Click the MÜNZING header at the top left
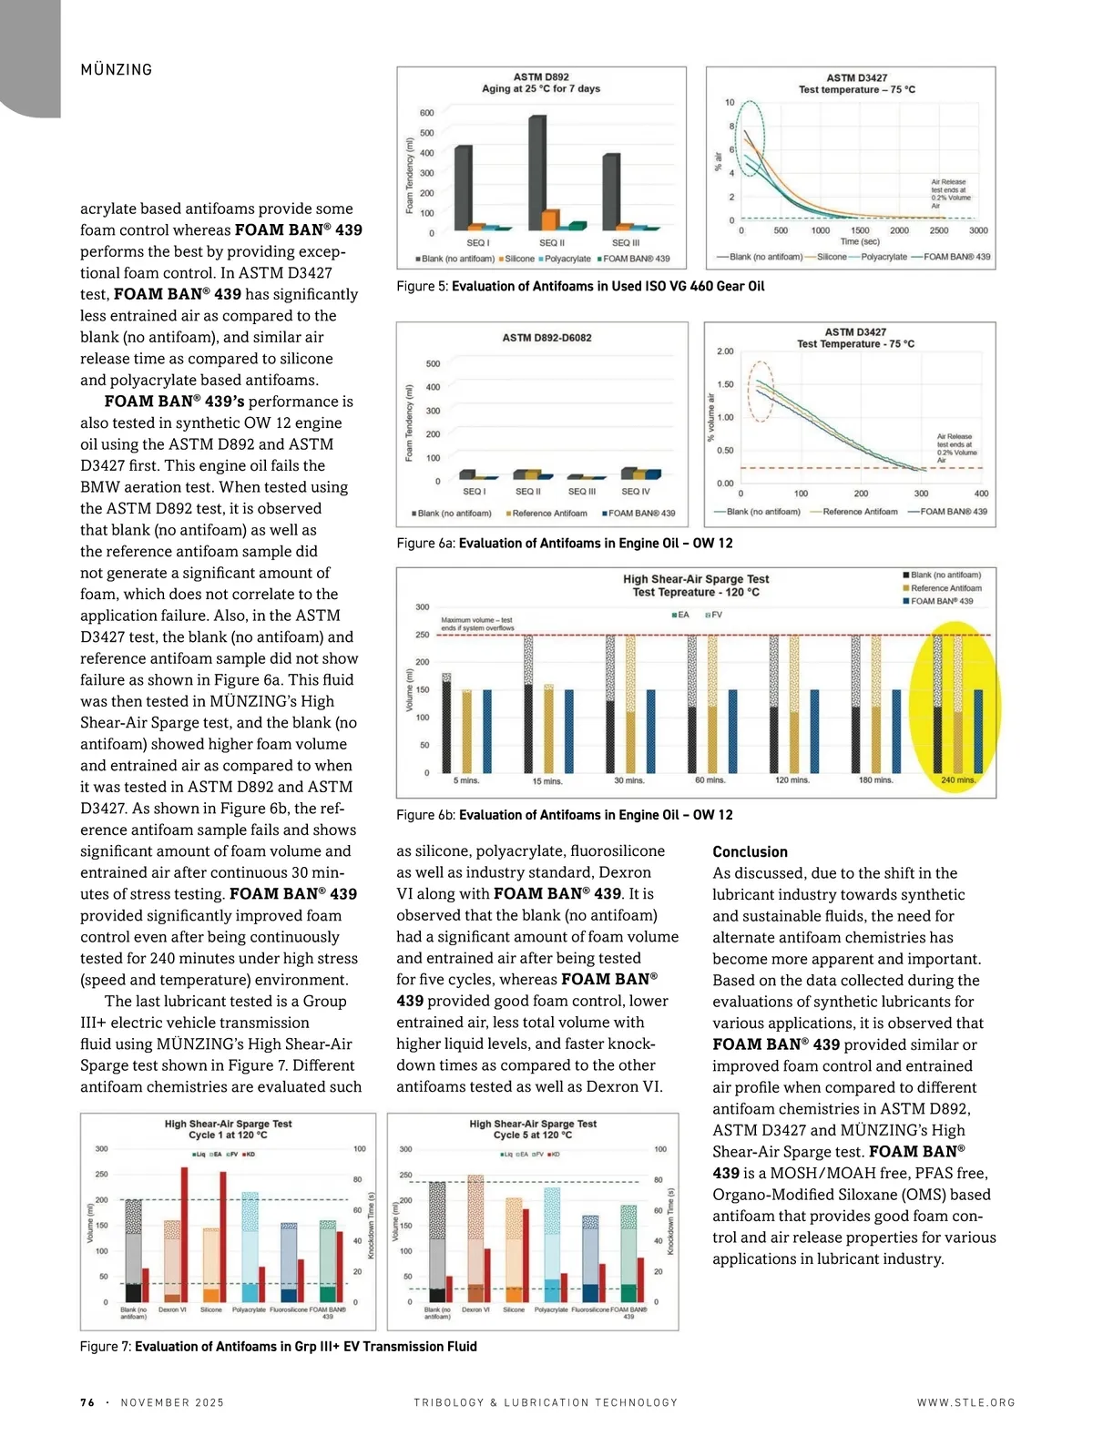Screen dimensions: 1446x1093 (116, 70)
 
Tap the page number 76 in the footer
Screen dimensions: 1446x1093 (87, 1402)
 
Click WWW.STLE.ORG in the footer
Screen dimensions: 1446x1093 (965, 1402)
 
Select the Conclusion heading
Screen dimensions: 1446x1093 (750, 851)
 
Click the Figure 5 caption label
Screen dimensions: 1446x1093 (423, 286)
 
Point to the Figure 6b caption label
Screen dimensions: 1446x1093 (426, 815)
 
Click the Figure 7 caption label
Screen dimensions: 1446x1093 (106, 1346)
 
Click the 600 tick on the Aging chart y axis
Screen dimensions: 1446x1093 (426, 113)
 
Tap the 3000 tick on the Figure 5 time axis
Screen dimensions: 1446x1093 (978, 230)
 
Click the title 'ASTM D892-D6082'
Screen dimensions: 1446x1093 (546, 338)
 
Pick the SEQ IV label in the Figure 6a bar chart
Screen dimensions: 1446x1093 (636, 492)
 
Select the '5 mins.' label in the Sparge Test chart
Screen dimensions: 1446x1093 (466, 780)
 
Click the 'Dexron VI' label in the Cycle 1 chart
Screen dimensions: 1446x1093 (172, 1309)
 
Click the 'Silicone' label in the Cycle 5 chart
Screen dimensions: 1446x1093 (514, 1309)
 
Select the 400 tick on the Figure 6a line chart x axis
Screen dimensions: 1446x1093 (981, 494)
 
